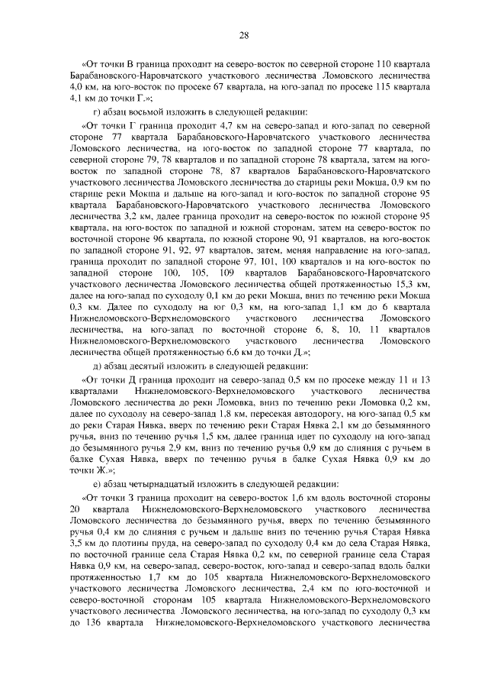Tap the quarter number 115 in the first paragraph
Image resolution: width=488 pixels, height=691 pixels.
coord(376,87)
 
